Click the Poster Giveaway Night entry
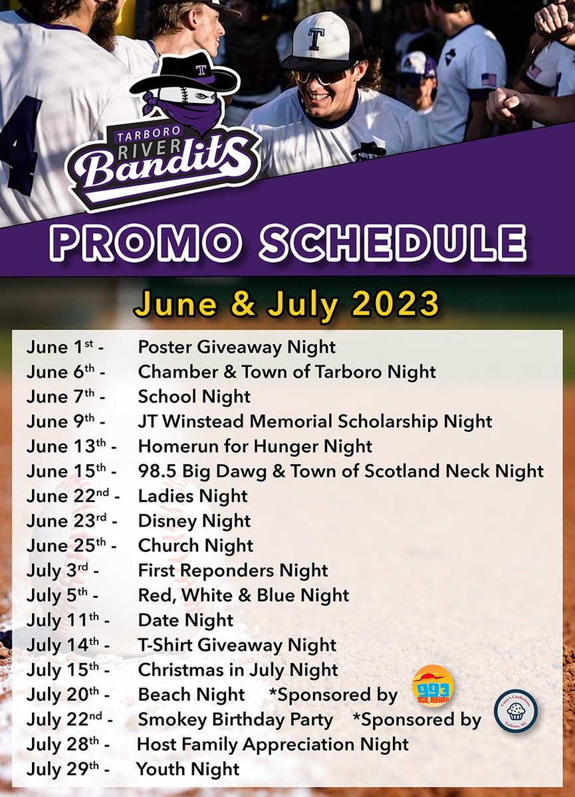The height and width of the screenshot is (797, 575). (237, 347)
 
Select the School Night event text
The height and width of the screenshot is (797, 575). (194, 397)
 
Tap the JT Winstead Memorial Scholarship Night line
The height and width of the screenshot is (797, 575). (315, 421)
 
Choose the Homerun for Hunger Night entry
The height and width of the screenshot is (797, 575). (255, 446)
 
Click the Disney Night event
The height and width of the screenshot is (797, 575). (194, 521)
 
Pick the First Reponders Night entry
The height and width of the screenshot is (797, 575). (233, 571)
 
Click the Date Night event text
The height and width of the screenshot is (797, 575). (185, 620)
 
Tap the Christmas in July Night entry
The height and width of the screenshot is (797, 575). (238, 670)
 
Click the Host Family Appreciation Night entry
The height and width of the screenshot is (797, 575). (273, 745)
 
